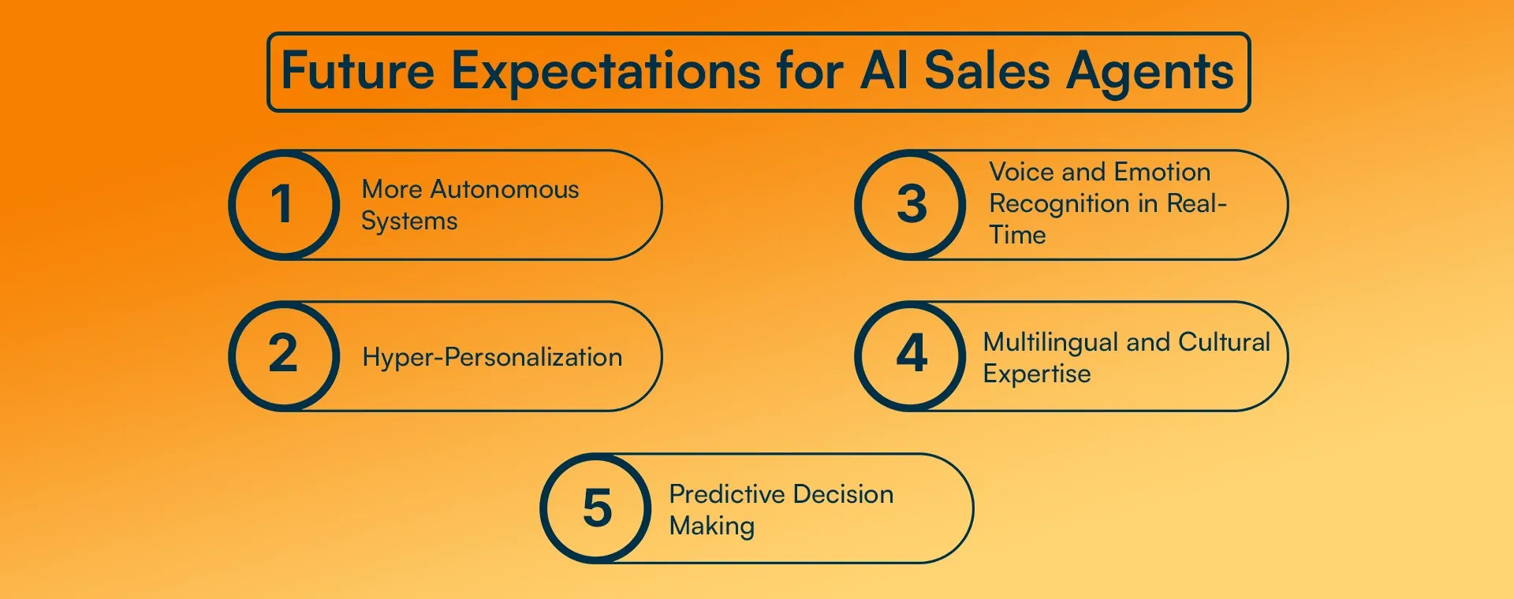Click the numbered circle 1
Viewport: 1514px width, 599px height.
(x=284, y=205)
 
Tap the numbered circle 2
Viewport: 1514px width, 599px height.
(x=284, y=355)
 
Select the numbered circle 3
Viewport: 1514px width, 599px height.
(x=911, y=205)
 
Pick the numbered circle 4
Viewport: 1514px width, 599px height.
(x=911, y=355)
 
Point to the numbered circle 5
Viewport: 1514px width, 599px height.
(x=596, y=508)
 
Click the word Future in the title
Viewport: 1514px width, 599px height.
(x=358, y=71)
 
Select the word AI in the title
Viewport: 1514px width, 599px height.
(x=884, y=71)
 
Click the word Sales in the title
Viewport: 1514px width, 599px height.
(x=987, y=71)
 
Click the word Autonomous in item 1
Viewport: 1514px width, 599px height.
(x=505, y=190)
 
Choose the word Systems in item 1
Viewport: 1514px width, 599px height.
(x=409, y=222)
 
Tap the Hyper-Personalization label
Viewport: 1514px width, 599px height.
(x=492, y=358)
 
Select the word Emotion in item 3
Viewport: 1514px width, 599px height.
(x=1162, y=172)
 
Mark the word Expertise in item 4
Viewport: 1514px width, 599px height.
(x=1037, y=374)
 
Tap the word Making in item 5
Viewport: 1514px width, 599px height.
(x=712, y=526)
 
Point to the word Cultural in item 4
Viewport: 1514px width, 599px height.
(x=1224, y=342)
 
